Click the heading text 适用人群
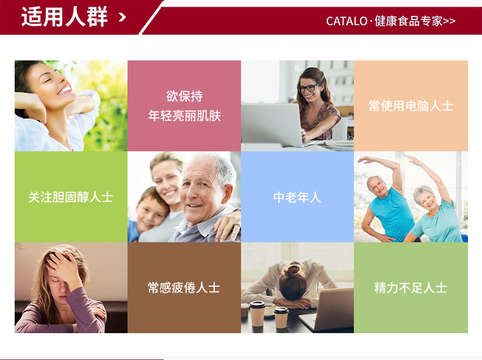[64, 16]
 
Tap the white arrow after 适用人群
[123, 17]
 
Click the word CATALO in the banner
[347, 21]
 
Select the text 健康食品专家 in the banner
[409, 21]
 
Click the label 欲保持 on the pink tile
[184, 96]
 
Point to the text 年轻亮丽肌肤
[184, 116]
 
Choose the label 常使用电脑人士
[411, 106]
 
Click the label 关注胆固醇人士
[71, 197]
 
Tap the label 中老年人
[297, 197]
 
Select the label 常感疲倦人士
[184, 288]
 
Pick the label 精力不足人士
[411, 288]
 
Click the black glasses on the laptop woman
[308, 88]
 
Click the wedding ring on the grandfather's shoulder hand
[237, 225]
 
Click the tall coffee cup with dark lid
[257, 314]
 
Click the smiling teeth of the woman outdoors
[65, 90]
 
